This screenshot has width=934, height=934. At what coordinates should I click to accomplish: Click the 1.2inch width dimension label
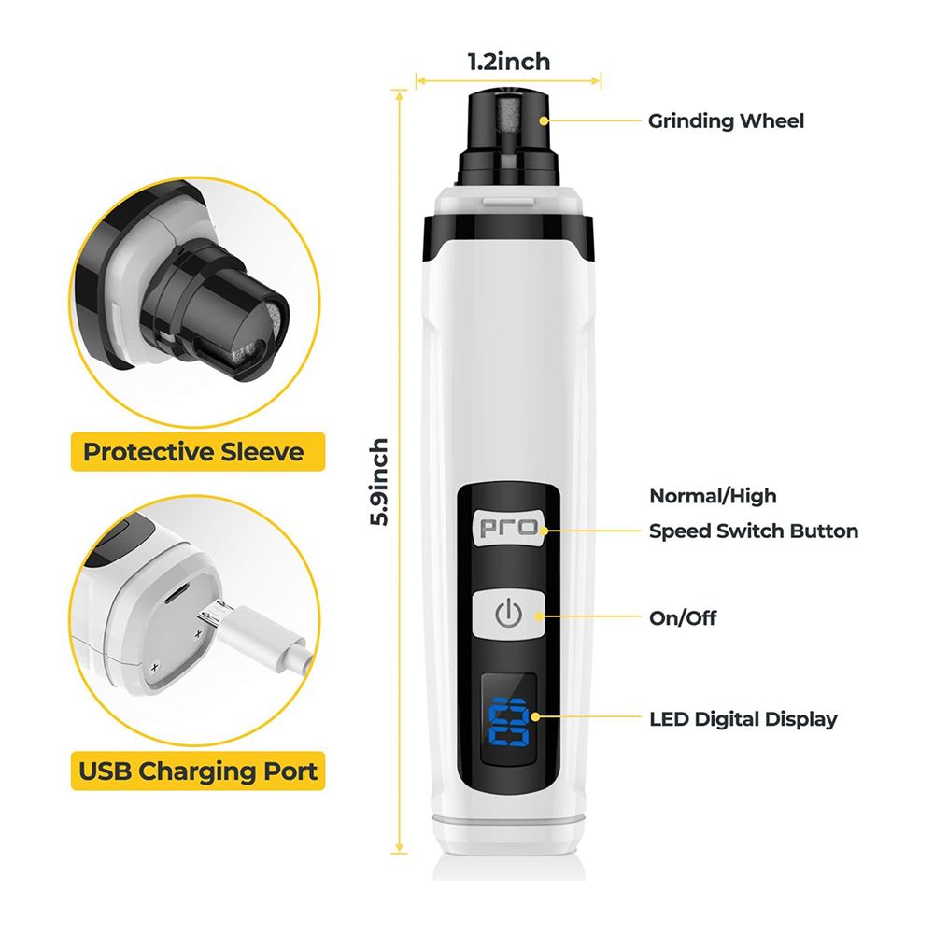coord(509,62)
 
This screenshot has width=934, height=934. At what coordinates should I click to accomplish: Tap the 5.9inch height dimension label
coord(379,482)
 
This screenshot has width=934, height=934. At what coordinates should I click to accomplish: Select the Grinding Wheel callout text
coord(726,120)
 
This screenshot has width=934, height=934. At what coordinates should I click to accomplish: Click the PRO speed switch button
coord(509,527)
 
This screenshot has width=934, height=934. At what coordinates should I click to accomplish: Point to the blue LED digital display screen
coord(509,719)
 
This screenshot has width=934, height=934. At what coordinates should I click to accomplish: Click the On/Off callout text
coord(683,617)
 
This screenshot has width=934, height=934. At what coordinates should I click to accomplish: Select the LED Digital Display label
coord(743,719)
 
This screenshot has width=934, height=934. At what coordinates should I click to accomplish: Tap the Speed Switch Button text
coord(754,531)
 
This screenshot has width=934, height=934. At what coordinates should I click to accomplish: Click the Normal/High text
coord(713,496)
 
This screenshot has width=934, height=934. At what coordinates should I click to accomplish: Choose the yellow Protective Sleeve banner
coord(198,451)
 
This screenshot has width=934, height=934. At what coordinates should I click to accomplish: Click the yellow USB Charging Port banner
coord(198,771)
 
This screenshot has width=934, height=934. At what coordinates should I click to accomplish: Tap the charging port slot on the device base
coord(177,593)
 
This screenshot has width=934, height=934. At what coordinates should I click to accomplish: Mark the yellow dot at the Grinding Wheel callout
coord(544,120)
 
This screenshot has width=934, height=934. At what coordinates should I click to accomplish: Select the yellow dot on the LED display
coord(535,716)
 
